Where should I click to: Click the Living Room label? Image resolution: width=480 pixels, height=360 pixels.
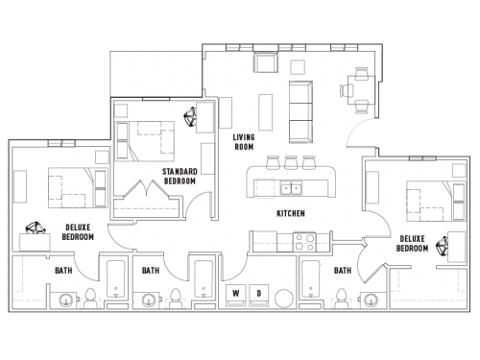244,142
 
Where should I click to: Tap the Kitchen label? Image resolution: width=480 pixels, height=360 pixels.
290,212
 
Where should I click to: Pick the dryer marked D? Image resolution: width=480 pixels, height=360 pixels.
258,292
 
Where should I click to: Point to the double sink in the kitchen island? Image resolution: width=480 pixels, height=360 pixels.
290,186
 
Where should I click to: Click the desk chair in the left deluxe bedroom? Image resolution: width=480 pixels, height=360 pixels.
36,229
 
